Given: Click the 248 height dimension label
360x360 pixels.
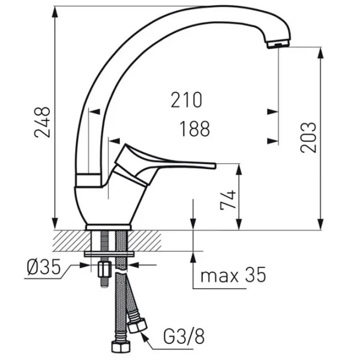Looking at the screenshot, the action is pos(42,122).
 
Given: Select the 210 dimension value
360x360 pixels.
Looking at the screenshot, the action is pos(187,100).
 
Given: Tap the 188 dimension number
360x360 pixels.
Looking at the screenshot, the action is pos(194,129).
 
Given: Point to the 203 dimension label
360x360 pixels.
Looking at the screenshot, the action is pos(308,137).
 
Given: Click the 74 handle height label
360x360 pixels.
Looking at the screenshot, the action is pos(228,200).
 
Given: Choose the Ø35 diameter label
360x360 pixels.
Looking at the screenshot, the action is pos(44,267).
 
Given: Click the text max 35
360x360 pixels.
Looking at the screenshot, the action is pos(233,275).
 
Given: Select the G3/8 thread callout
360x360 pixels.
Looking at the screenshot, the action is pos(184,337).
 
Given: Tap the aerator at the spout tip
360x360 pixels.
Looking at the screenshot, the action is pos(278,44).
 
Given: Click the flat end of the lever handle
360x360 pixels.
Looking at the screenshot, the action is pos(215,166).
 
